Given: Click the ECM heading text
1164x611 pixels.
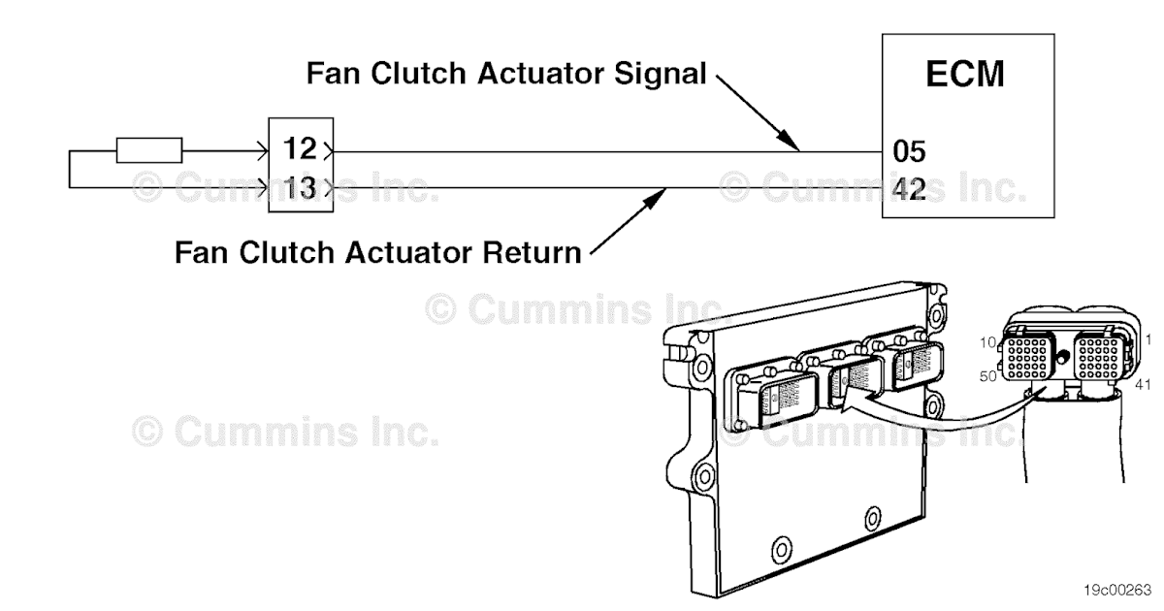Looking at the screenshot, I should tap(964, 75).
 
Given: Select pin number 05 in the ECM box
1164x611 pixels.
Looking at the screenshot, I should tap(909, 151).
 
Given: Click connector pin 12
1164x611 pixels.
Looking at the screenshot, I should tap(300, 150).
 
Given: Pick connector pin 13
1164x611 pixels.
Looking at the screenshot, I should tap(300, 187).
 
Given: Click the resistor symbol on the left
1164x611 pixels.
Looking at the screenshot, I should tap(148, 150).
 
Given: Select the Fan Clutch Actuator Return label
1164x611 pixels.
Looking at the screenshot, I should tap(378, 253).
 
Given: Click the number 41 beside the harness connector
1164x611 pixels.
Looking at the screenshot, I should tap(1142, 385).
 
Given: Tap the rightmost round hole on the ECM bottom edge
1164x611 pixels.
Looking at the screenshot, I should tap(873, 515).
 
